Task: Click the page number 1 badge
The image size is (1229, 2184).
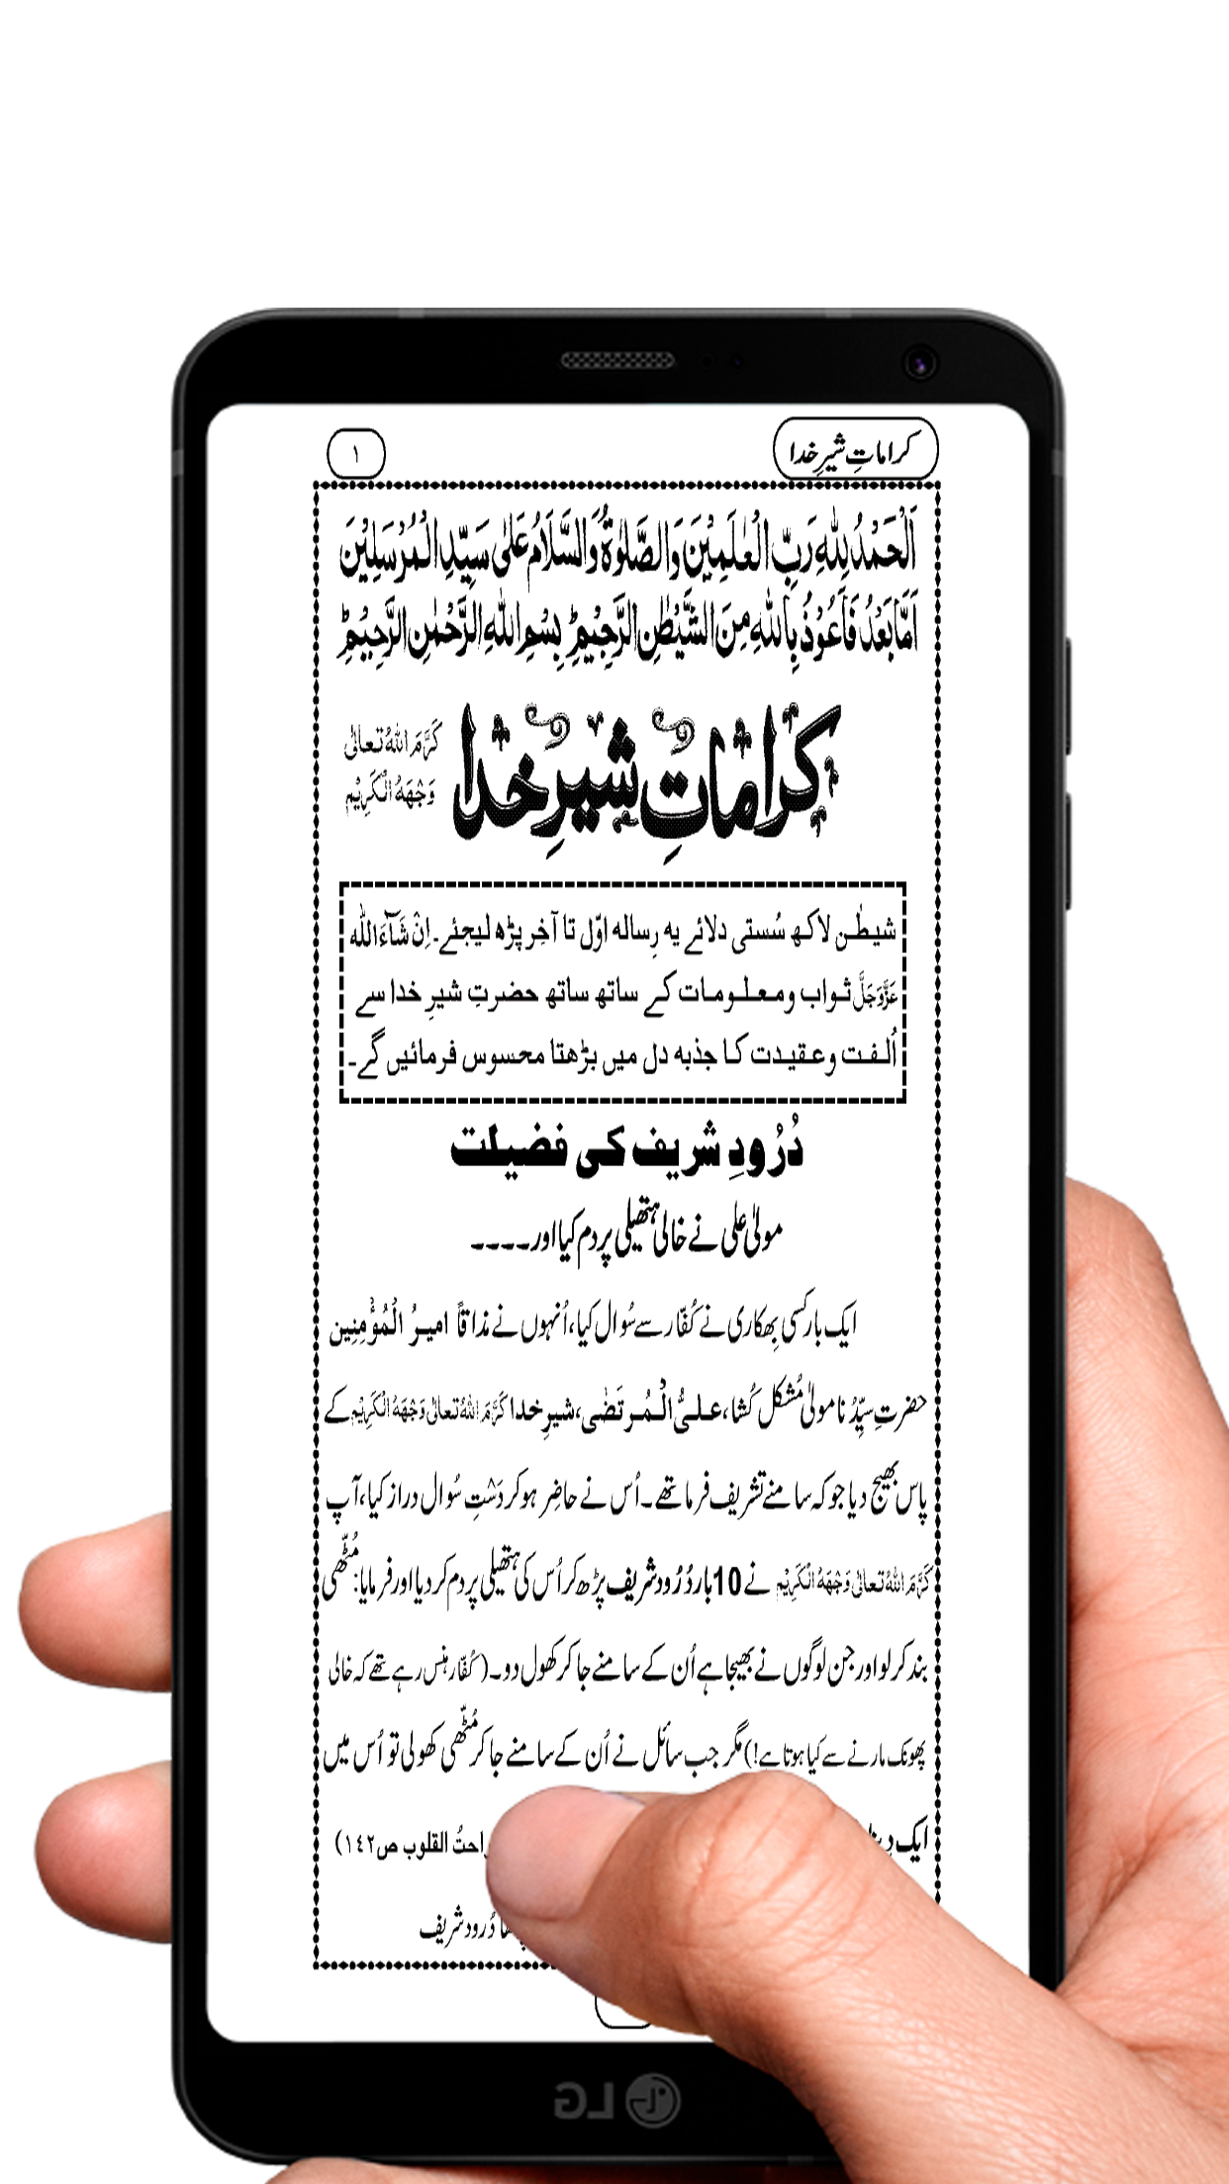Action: tap(355, 456)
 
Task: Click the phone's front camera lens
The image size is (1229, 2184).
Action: tap(920, 363)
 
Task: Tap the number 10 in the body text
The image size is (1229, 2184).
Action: tap(725, 1584)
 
